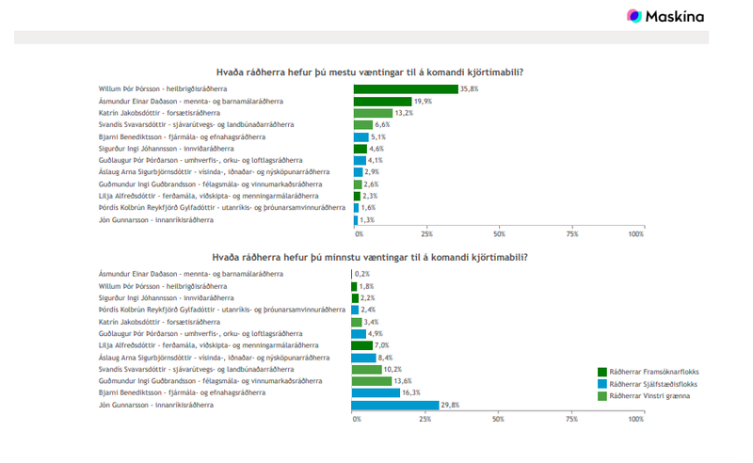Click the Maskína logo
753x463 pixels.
point(665,16)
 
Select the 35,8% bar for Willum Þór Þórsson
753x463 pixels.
point(405,88)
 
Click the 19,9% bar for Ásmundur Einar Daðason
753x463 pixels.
point(382,101)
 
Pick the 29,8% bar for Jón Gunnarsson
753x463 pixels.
point(394,405)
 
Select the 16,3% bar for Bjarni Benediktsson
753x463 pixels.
point(375,392)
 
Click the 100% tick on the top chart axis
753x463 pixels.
point(635,233)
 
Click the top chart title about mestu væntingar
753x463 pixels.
point(370,72)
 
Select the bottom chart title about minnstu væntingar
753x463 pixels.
point(369,257)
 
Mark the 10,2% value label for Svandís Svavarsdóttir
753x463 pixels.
point(393,369)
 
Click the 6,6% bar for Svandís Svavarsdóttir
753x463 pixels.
point(362,124)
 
